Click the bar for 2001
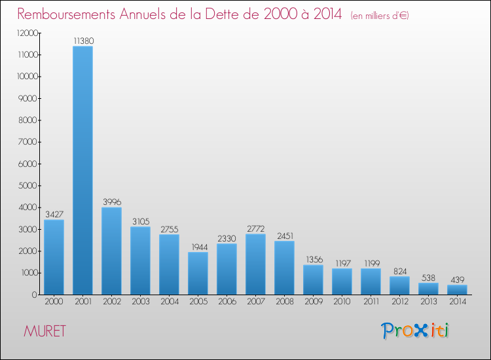[82, 170]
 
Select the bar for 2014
[457, 289]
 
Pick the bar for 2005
[198, 273]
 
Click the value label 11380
[82, 41]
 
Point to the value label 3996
[111, 202]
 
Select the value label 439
[457, 279]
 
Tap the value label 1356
[313, 260]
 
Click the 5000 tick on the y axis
[27, 186]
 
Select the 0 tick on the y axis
[33, 295]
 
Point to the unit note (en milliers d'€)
[380, 16]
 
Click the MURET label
[44, 331]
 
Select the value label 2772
[255, 228]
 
